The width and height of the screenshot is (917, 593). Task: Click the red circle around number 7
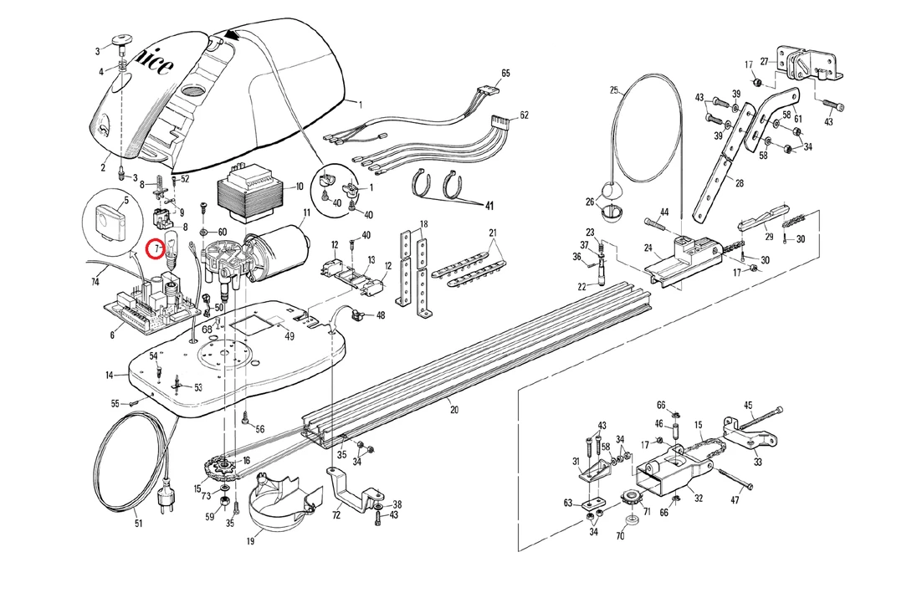click(156, 248)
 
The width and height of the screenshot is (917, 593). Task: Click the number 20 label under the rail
click(454, 410)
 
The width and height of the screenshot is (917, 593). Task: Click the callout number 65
click(505, 74)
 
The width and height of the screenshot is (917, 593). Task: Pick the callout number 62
click(525, 115)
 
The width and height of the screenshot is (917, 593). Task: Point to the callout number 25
click(613, 89)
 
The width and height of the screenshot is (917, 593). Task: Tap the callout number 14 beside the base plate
click(110, 376)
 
